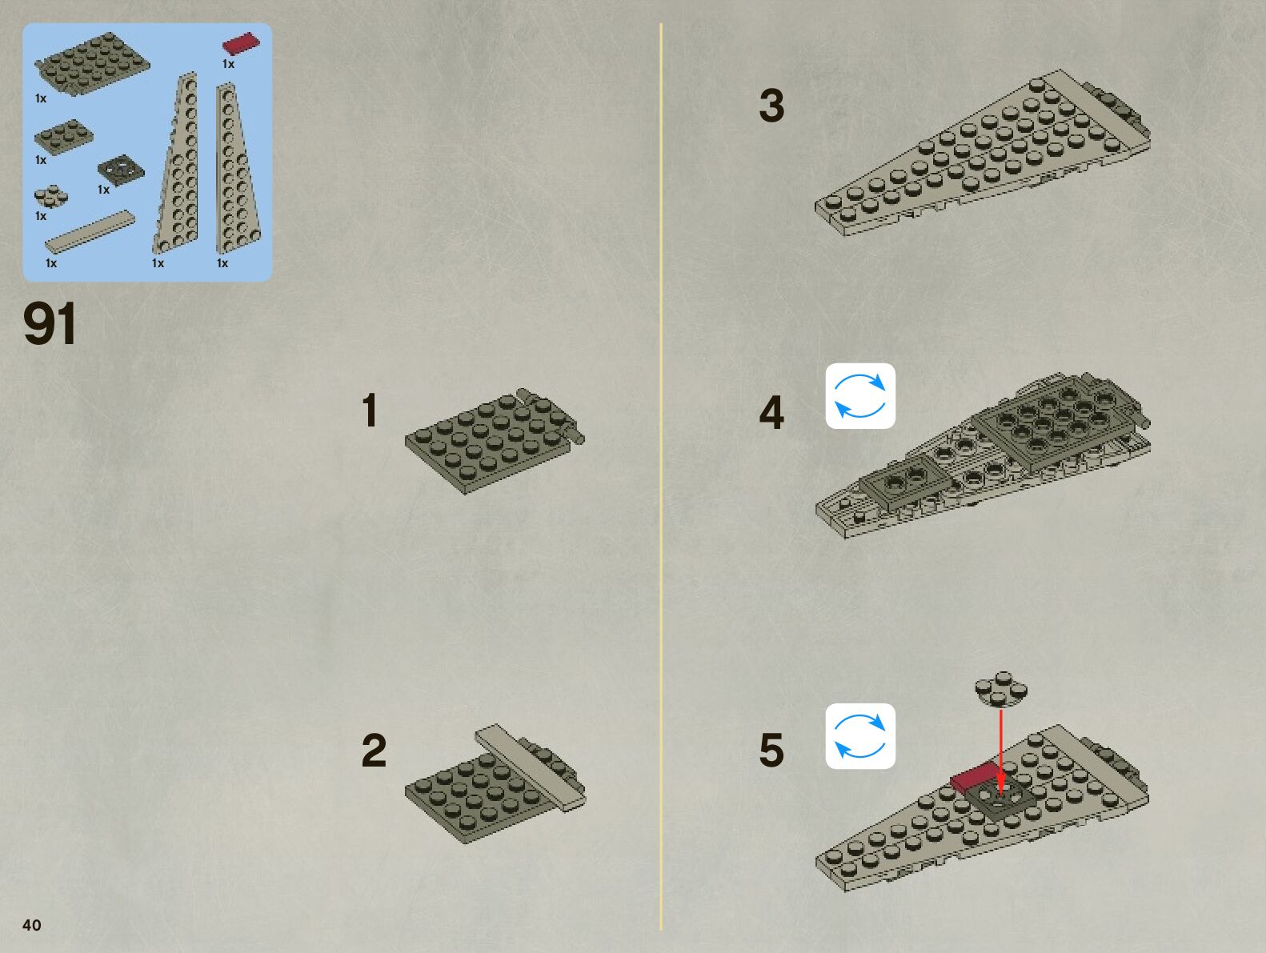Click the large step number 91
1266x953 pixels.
(50, 324)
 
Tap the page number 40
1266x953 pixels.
(31, 925)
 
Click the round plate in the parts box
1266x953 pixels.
(50, 195)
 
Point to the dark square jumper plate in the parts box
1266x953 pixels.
(121, 170)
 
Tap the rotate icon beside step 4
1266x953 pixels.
(860, 396)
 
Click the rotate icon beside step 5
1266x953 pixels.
(860, 736)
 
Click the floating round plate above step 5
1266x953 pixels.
(1001, 690)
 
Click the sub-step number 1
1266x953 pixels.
(369, 410)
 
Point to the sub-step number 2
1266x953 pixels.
(374, 751)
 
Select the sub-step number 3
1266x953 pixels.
(771, 106)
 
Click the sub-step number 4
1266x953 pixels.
(771, 413)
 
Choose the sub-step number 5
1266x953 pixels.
(771, 751)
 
